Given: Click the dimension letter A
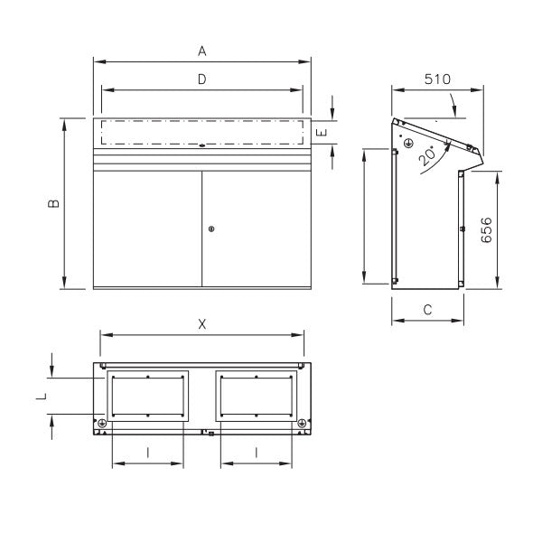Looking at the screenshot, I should (202, 51).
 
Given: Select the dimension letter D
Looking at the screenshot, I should (202, 79).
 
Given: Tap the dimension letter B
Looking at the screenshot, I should (54, 204).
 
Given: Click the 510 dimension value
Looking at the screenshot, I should (437, 79).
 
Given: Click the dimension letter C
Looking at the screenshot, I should (427, 310).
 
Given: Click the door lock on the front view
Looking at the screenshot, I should (210, 229).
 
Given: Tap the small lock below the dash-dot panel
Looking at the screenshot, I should (202, 145).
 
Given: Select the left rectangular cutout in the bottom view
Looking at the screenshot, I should (147, 396).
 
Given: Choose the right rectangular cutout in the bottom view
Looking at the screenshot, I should (257, 396).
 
